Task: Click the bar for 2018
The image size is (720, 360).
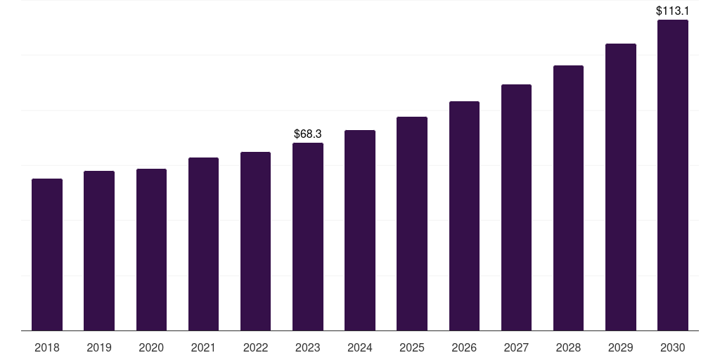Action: click(x=47, y=255)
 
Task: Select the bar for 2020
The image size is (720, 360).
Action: click(x=151, y=250)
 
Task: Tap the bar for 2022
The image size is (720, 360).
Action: click(x=255, y=241)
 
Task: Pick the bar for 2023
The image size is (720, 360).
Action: click(x=308, y=237)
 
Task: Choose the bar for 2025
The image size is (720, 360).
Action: click(x=412, y=224)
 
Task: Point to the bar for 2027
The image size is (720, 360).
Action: click(x=516, y=207)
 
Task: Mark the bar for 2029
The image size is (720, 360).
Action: click(x=620, y=187)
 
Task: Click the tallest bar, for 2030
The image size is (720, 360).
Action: click(x=672, y=175)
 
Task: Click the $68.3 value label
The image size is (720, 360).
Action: click(x=308, y=134)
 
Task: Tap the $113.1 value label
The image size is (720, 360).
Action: click(x=672, y=11)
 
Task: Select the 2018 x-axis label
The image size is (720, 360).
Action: click(x=47, y=347)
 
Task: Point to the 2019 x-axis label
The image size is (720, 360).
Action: click(x=99, y=347)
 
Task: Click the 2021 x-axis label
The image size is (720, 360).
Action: click(x=203, y=347)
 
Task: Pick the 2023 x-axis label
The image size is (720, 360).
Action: click(x=308, y=347)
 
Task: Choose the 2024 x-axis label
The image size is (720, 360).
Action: click(x=360, y=347)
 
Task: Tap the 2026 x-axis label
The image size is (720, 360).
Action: click(x=464, y=347)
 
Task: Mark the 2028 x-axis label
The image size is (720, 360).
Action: click(x=568, y=347)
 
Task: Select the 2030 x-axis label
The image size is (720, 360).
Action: click(x=672, y=347)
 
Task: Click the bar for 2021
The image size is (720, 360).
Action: click(x=203, y=244)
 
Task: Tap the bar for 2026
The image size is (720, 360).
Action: click(x=464, y=216)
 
